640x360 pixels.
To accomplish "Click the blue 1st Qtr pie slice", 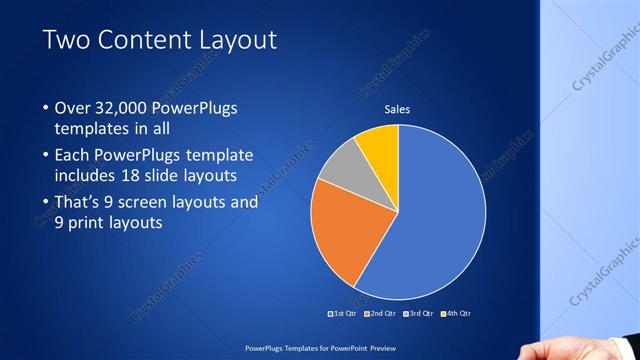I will pos(440,220).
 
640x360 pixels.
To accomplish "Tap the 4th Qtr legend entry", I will pos(455,314).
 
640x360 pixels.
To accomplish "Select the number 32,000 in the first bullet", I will pos(119,108).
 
